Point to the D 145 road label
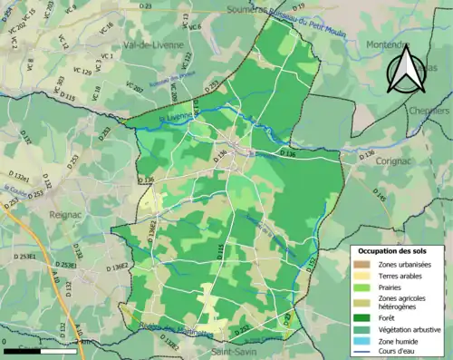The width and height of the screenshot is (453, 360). (x=380, y=195)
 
